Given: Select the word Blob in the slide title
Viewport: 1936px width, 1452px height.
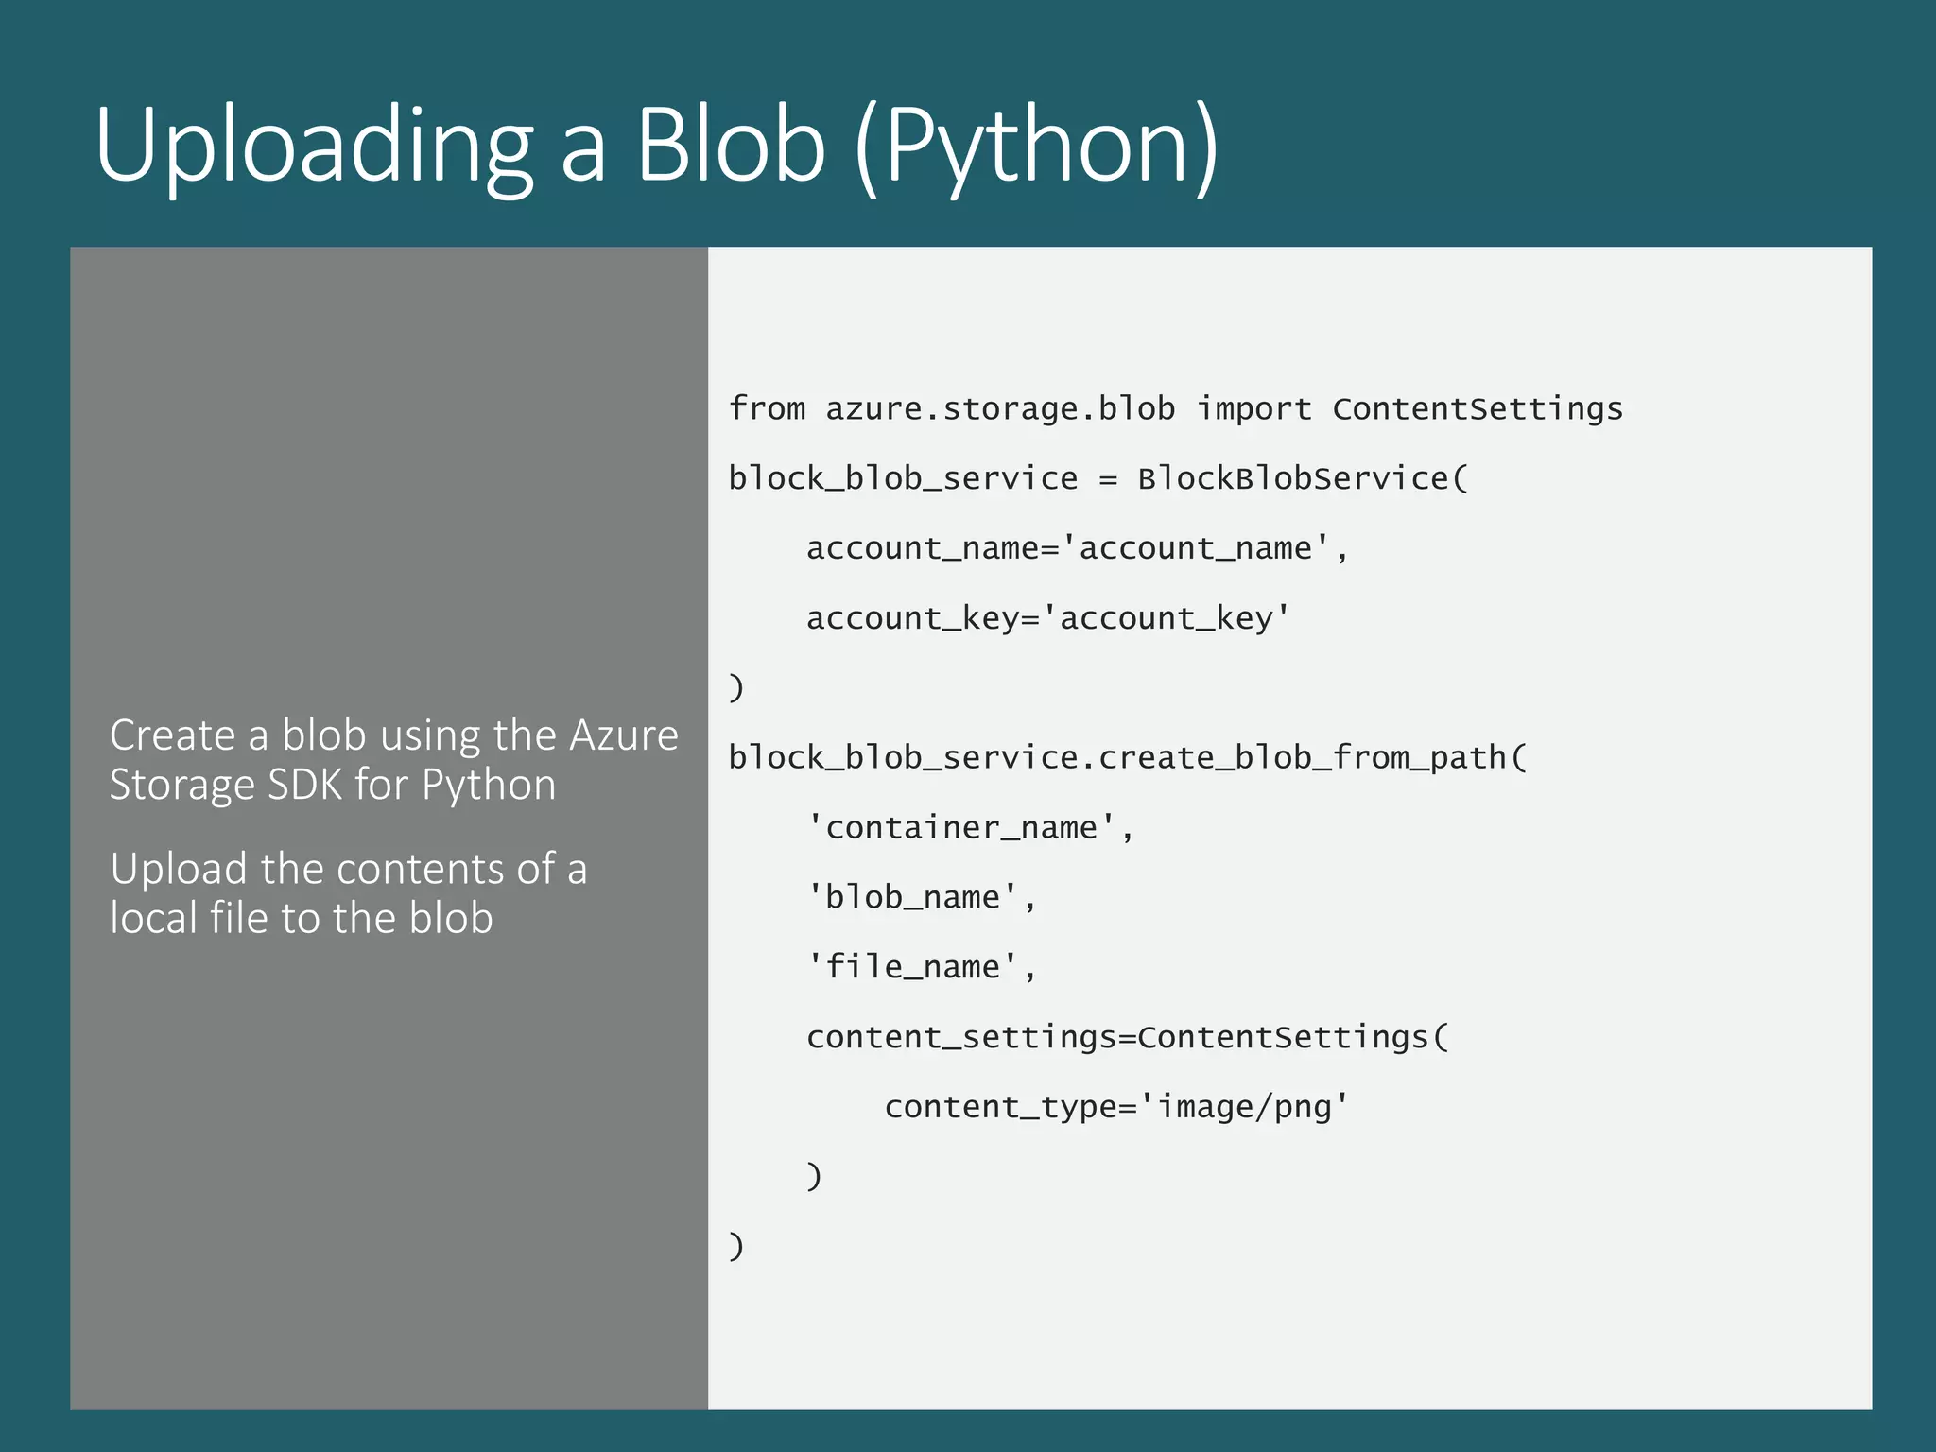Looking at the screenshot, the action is pyautogui.click(x=731, y=147).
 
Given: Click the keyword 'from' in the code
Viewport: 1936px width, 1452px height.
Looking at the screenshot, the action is pyautogui.click(x=767, y=408).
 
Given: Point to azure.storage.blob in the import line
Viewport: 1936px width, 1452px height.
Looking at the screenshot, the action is pyautogui.click(x=1000, y=408).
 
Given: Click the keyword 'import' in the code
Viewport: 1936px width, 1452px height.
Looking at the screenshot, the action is pyautogui.click(x=1253, y=408).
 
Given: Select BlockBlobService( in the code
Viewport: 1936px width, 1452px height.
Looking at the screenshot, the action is pyautogui.click(x=1303, y=478).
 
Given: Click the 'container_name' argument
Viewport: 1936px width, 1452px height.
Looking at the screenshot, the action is pyautogui.click(x=961, y=827).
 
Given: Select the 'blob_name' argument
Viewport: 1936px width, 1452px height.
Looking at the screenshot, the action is pyautogui.click(x=912, y=897).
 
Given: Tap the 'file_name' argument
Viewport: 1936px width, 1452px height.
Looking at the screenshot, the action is pyautogui.click(x=912, y=967).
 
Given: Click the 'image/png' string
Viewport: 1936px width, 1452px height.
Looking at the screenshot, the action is pyautogui.click(x=1244, y=1106).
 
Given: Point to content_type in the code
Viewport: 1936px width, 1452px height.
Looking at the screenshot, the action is pyautogui.click(x=1000, y=1106).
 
